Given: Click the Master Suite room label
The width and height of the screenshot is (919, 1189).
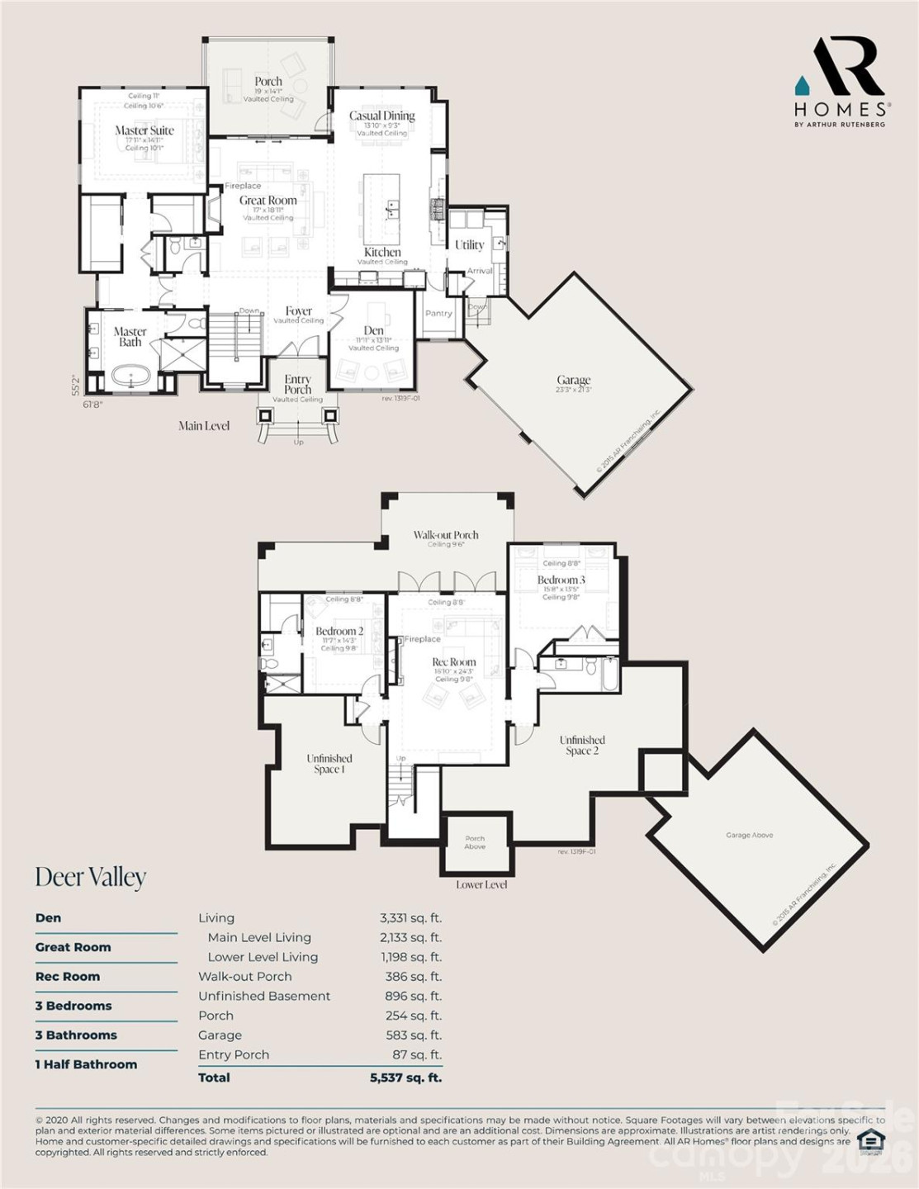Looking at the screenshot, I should click(x=144, y=130).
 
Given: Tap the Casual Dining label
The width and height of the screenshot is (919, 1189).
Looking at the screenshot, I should click(x=381, y=116).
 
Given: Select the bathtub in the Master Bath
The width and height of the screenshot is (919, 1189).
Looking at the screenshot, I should click(x=131, y=378).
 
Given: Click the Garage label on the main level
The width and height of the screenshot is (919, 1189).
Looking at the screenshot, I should click(x=573, y=381).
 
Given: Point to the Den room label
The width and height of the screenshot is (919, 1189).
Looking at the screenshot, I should click(x=373, y=330).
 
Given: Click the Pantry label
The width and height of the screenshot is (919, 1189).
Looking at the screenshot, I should click(x=438, y=314).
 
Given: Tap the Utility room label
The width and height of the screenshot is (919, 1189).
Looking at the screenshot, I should click(x=469, y=245).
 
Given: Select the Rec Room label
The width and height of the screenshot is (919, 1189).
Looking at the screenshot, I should click(x=454, y=662).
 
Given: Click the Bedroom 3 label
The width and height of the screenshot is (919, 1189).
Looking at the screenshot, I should click(x=561, y=580).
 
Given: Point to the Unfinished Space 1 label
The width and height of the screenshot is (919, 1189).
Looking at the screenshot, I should click(x=329, y=764).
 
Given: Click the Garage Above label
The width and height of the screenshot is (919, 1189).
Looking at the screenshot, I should click(x=749, y=836).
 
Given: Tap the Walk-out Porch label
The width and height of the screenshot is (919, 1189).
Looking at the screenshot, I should click(x=446, y=535).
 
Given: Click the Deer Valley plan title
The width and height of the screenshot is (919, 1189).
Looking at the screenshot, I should click(x=91, y=877).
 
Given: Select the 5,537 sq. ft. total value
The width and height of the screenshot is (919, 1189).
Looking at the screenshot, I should click(x=405, y=1078).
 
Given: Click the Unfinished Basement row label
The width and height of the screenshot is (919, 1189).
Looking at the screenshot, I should click(x=264, y=997).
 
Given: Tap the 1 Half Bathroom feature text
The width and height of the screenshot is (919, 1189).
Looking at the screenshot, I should click(x=86, y=1064).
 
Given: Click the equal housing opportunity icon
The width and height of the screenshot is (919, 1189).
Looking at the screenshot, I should click(x=869, y=1141).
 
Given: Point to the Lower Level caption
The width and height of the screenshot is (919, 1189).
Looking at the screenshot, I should click(x=481, y=885).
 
